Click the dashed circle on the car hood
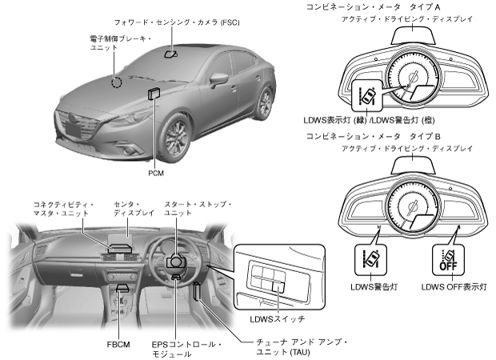[116, 81]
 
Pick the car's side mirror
[218, 80]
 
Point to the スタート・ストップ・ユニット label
[197, 210]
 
